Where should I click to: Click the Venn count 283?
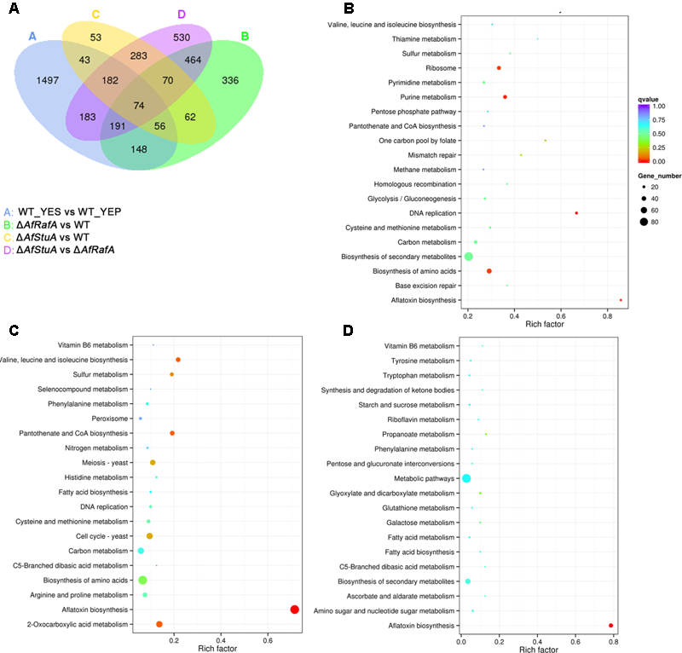coord(139,55)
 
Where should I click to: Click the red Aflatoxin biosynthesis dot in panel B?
coord(621,300)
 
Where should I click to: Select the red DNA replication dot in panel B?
coord(576,213)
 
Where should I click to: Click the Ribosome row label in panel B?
coord(443,68)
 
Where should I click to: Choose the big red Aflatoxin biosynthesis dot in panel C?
coord(294,610)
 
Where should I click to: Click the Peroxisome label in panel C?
coord(111,419)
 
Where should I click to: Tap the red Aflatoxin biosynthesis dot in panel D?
coord(611,626)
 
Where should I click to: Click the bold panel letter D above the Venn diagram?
coord(182,14)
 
